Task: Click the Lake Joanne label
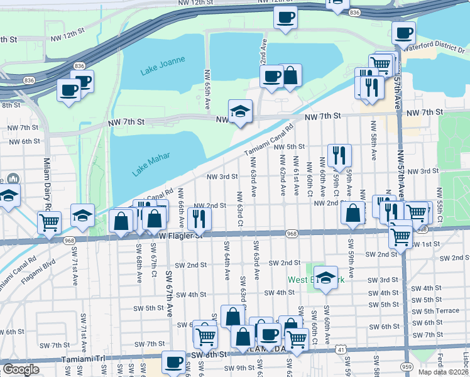pos(163,65)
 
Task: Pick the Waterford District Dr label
pos(434,46)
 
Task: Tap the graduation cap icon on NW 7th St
pos(239,111)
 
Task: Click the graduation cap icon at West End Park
pos(326,276)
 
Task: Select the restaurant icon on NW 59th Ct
pos(339,155)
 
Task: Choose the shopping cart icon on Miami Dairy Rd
pos(49,222)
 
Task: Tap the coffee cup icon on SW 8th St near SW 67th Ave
pos(173,361)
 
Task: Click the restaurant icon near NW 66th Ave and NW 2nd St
pos(200,218)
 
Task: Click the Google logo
pos(21,369)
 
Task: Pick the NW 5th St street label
pos(288,147)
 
